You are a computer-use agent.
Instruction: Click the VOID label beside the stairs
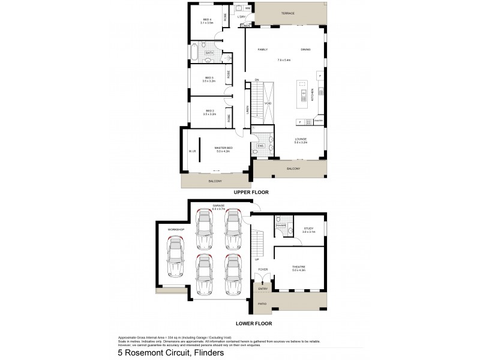point(268,103)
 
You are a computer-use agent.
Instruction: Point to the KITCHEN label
point(312,95)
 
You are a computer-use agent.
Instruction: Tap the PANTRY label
point(319,121)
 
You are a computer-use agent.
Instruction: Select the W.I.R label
point(192,151)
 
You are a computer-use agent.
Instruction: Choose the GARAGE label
point(218,206)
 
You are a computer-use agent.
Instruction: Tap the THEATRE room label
point(298,269)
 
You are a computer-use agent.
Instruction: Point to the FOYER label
point(263,269)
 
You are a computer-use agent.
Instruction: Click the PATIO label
point(262,304)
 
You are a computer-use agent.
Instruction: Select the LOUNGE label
point(300,140)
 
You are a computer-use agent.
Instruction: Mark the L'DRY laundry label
point(242,16)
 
